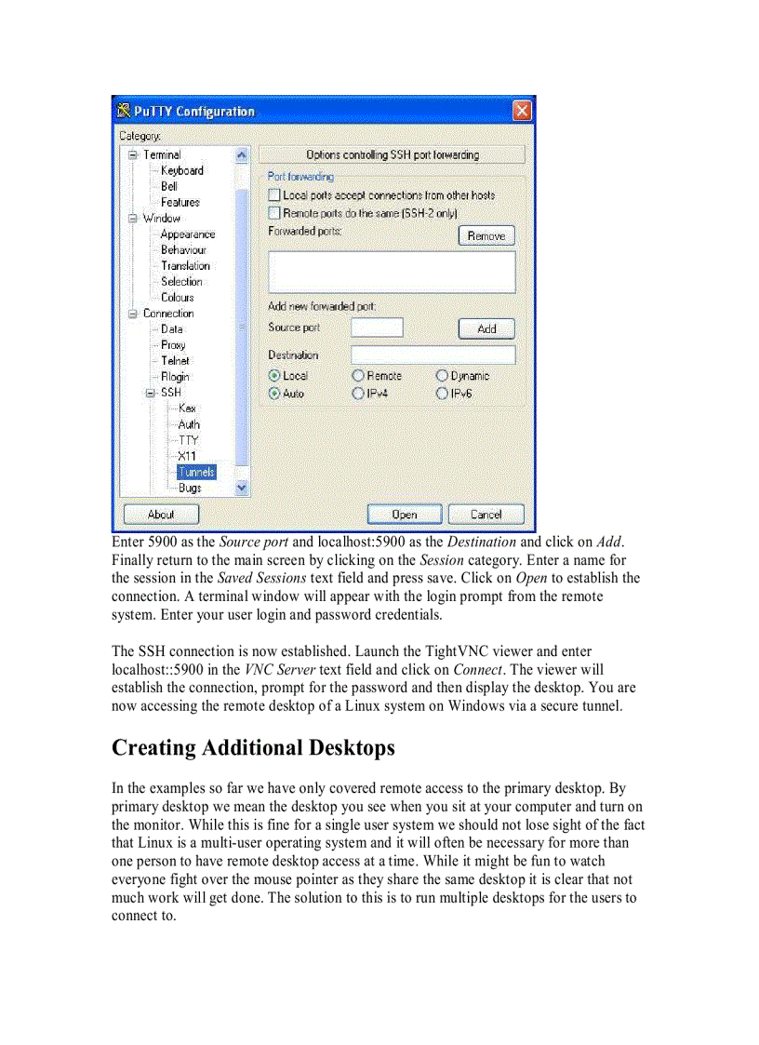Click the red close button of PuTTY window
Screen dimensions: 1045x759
(523, 111)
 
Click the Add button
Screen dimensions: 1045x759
(486, 328)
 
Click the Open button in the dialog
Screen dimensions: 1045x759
(405, 514)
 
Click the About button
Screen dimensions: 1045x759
(161, 514)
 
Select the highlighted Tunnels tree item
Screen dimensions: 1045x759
(196, 472)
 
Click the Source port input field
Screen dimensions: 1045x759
(377, 328)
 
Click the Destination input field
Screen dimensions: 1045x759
(433, 355)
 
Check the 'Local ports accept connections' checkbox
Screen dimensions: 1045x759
(274, 195)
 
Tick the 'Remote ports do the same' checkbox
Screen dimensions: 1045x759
(274, 213)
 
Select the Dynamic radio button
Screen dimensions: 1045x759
(443, 376)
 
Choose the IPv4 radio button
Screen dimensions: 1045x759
(358, 394)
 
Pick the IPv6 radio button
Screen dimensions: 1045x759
(443, 394)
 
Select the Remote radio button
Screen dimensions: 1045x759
(358, 376)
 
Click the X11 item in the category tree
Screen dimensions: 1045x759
(187, 456)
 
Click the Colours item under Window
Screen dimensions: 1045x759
(177, 298)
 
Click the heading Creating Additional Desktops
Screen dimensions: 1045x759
(253, 747)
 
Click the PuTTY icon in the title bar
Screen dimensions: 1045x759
(123, 112)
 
